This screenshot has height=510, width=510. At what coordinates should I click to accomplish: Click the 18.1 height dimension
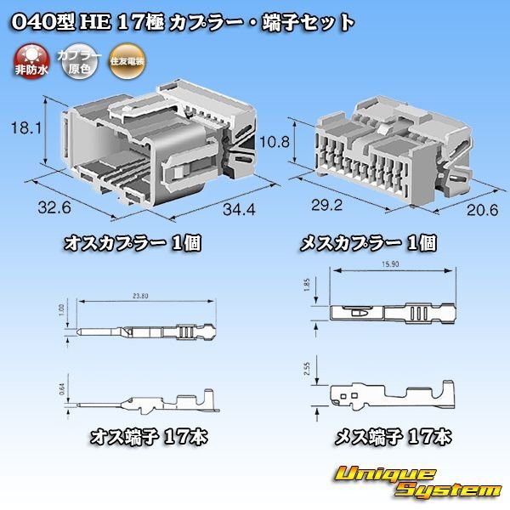25,129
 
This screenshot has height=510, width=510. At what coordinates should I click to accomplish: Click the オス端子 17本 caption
148,438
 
